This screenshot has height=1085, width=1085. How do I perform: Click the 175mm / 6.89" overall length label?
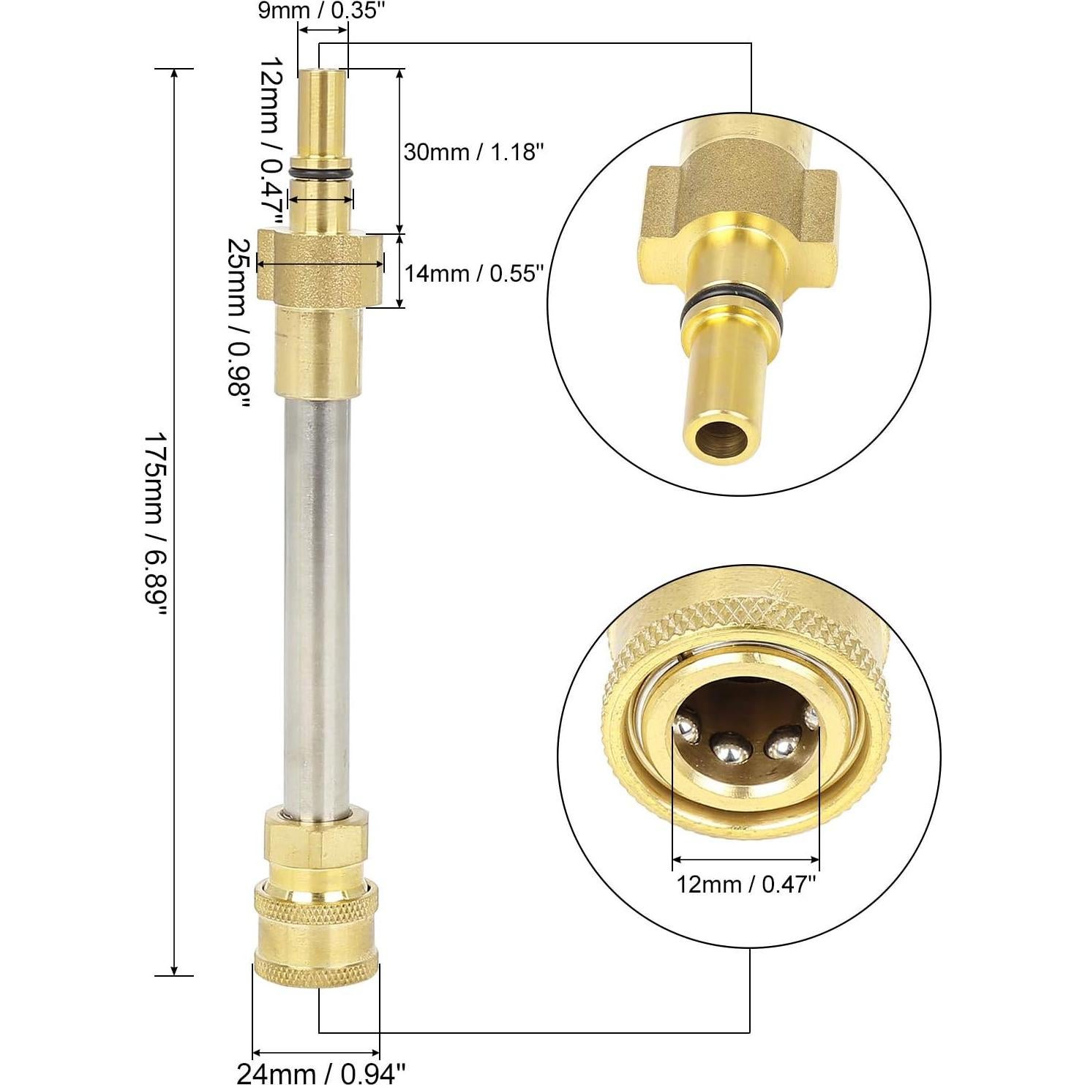click(x=155, y=522)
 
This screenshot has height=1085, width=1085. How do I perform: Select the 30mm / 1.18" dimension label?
click(x=474, y=153)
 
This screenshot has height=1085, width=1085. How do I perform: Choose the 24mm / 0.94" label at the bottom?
click(x=320, y=1073)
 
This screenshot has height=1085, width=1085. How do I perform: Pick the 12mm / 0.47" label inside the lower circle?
click(x=746, y=885)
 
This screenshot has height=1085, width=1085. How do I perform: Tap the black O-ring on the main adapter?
click(x=322, y=173)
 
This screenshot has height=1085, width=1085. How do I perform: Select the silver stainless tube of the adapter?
click(x=316, y=600)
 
